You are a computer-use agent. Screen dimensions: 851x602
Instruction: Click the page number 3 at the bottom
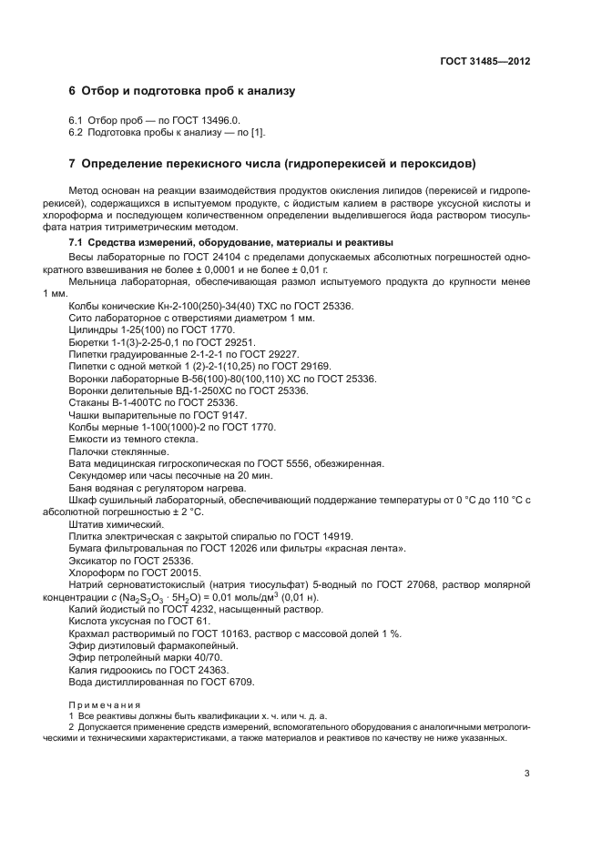click(527, 775)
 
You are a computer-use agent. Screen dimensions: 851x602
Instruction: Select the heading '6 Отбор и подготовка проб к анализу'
click(182, 92)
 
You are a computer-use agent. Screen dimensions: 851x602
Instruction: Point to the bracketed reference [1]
click(258, 133)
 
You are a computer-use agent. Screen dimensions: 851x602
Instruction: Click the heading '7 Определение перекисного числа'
click(272, 165)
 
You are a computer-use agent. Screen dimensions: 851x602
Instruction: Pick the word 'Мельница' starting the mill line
click(93, 282)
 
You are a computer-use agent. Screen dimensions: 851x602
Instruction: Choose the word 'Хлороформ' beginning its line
click(94, 573)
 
